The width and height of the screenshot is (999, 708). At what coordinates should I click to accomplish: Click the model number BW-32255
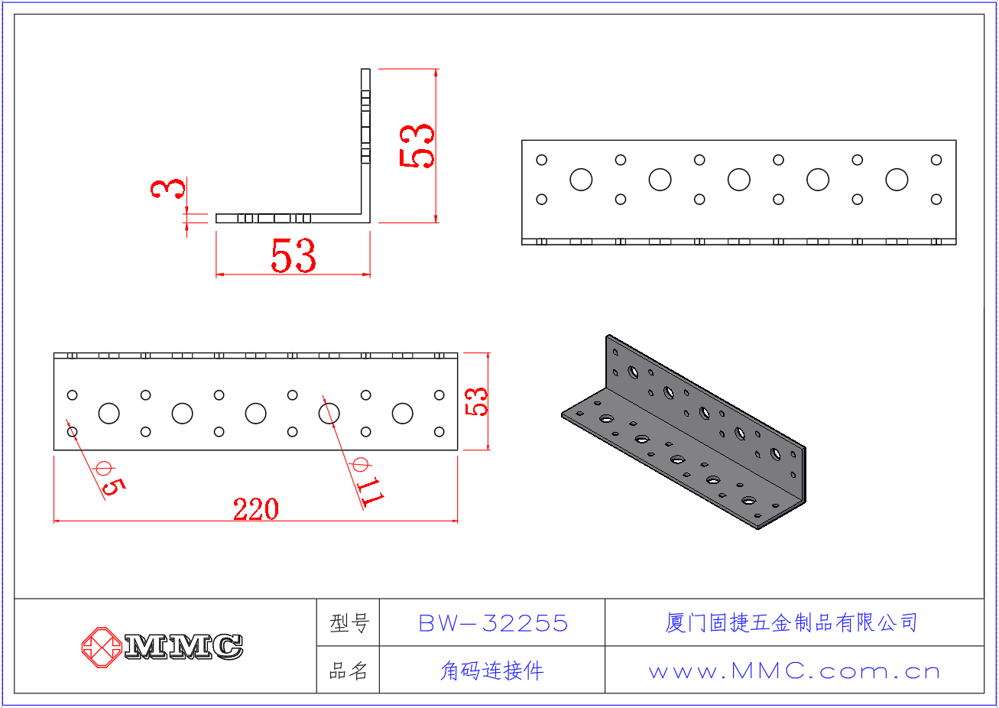coord(493,623)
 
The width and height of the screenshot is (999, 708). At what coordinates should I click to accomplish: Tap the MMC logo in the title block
coord(162,647)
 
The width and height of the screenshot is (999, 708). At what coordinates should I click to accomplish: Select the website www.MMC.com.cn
coord(794,671)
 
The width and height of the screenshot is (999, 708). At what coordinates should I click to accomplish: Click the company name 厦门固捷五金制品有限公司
coord(791,623)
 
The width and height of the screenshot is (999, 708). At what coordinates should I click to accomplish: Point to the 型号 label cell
coord(349,623)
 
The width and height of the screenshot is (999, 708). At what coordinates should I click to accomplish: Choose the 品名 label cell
coord(349,671)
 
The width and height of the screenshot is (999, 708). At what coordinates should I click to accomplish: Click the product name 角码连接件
coord(492,671)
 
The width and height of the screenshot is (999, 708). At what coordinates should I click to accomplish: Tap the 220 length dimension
coord(256,509)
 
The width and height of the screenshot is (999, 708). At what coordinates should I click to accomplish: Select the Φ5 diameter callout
coord(110,478)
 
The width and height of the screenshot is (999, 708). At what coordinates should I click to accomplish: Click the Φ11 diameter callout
coord(367,482)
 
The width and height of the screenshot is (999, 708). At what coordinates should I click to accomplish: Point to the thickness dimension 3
coord(167,188)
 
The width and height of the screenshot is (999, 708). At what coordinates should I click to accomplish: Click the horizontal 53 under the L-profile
coord(294,255)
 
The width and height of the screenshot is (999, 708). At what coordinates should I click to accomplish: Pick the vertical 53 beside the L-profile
coord(417,146)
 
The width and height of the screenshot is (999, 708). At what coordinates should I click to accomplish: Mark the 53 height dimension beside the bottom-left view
coord(476,401)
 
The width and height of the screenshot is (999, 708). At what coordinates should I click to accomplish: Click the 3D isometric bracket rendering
coord(683,431)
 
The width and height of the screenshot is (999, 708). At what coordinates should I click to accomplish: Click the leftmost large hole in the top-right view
coord(581,180)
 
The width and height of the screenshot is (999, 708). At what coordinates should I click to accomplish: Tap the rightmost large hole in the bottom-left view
coord(402,414)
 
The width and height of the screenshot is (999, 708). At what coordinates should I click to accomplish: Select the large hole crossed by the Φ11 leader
coord(329,414)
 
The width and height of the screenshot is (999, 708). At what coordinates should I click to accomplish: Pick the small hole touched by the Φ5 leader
coord(73,432)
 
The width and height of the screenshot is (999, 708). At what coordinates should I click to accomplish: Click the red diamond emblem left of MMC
coord(102,648)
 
